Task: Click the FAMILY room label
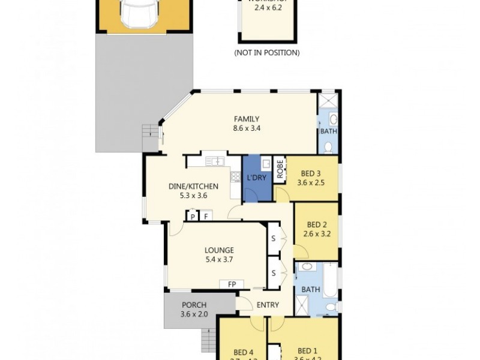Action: (x=247, y=119)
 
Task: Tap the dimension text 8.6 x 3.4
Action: (x=247, y=128)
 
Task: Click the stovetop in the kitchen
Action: (x=235, y=176)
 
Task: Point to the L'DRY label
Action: (x=256, y=178)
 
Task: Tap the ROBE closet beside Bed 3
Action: (x=280, y=170)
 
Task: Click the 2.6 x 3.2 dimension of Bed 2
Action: (x=316, y=227)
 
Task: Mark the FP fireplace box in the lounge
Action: (x=231, y=284)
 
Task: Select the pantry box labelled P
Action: (x=193, y=217)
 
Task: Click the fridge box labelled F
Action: (x=206, y=217)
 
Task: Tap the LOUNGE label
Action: (x=218, y=250)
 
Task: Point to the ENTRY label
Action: (x=268, y=305)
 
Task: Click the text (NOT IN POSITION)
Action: (x=266, y=53)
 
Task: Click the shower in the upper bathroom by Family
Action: (x=328, y=100)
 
